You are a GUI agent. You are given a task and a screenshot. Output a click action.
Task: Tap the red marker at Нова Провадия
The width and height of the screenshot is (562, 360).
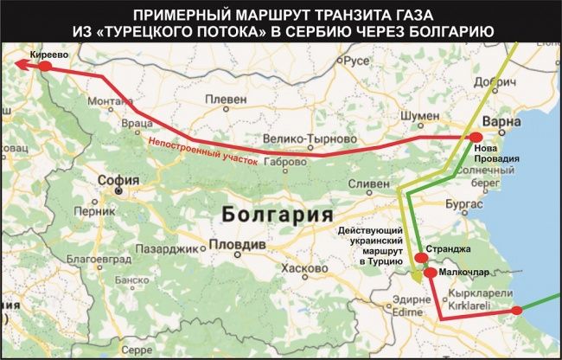(x=474, y=138)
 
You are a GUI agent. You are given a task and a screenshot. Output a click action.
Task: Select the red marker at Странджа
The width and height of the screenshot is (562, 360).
(x=420, y=257)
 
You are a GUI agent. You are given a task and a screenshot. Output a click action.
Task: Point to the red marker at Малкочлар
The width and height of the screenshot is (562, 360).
(x=430, y=272)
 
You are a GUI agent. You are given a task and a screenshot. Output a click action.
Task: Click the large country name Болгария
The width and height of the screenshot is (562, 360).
(x=277, y=214)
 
